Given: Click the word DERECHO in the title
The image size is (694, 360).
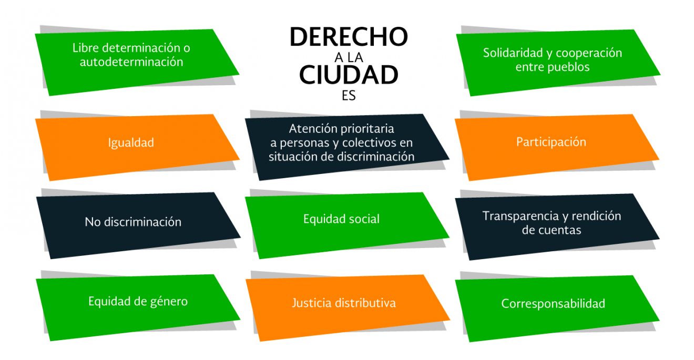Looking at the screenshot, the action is point(349,37).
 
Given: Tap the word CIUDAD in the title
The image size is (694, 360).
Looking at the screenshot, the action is point(349,75).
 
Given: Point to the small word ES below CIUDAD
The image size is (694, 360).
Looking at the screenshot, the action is point(349,96).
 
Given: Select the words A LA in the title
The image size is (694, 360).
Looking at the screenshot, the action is point(349,57).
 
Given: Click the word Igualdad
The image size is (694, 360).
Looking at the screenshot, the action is point(131,143).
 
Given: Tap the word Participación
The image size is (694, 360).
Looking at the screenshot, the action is point(551,142).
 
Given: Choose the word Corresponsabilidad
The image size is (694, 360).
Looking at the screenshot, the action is point(553,304).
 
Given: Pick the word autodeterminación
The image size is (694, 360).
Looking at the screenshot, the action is point(131,62).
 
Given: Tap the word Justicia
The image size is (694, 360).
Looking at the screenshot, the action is point(312,303).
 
